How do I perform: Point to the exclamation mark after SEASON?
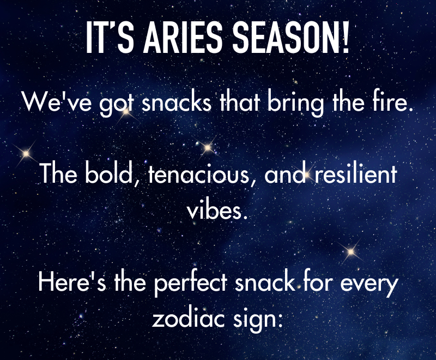(x=346, y=37)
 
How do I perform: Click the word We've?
(x=57, y=101)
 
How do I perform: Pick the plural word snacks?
(x=177, y=101)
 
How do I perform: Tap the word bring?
(x=296, y=104)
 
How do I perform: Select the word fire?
(x=390, y=101)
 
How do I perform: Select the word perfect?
(x=191, y=284)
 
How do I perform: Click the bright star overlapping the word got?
(x=126, y=113)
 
